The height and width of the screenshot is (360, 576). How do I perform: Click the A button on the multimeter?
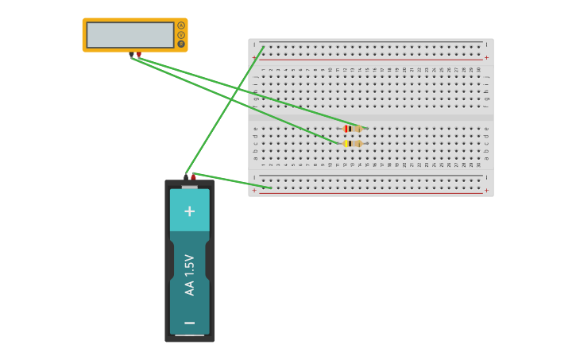181,25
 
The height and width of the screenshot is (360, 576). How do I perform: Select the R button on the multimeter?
181,44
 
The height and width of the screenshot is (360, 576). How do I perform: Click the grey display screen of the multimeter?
130,35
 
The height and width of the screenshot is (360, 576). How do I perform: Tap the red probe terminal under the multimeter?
139,55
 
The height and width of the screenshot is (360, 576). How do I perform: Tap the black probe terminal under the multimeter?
132,55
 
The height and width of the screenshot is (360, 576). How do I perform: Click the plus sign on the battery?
189,211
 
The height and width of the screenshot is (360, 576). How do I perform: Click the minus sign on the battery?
189,323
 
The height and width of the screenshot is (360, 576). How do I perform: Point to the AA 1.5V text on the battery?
189,275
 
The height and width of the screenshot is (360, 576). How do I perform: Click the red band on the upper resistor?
346,129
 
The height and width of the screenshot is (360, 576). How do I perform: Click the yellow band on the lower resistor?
346,144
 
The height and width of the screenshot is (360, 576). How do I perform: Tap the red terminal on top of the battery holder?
193,177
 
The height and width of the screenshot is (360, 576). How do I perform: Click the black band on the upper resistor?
350,129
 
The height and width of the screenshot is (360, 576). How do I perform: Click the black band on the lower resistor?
350,144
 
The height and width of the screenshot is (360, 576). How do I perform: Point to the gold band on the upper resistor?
358,129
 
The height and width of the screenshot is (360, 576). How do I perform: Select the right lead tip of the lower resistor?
367,144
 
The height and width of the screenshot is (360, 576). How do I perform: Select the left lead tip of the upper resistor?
338,129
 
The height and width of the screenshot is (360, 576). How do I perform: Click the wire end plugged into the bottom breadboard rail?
270,188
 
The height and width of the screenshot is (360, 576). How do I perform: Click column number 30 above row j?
478,70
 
